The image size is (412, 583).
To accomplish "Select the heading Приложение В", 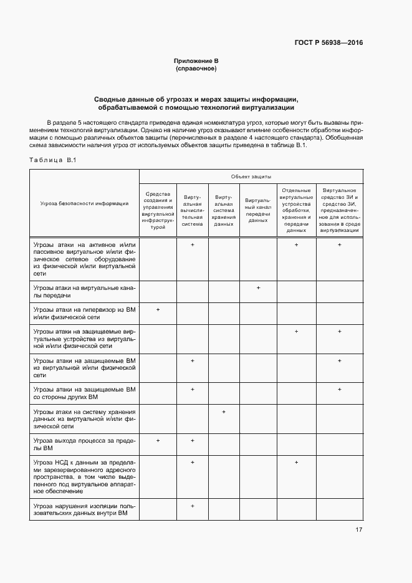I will click(x=196, y=60).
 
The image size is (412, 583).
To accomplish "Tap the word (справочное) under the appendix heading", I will click(x=196, y=68).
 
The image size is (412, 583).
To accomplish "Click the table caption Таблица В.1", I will click(x=52, y=160).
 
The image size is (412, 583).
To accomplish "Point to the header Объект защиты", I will click(x=251, y=176).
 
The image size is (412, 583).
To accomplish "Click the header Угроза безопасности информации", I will click(x=85, y=203).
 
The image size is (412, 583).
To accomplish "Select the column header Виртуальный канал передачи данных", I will click(x=257, y=211).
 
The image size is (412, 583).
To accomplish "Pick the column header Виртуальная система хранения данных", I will click(x=223, y=211).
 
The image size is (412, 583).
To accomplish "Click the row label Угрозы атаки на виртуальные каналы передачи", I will click(x=85, y=291).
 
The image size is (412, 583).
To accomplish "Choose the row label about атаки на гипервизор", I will click(x=85, y=313).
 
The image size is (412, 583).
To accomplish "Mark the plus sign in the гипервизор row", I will click(x=158, y=309).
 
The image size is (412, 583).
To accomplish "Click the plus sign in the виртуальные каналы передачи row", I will click(x=257, y=287).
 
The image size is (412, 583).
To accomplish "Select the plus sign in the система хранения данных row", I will click(x=223, y=412).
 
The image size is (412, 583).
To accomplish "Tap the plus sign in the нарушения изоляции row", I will click(x=193, y=506).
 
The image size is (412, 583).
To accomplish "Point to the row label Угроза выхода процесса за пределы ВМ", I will click(x=85, y=445).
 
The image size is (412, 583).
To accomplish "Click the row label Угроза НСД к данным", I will click(x=85, y=477).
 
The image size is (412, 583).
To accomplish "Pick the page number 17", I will click(x=359, y=530).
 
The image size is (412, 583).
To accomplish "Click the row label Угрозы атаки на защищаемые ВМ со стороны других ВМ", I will click(x=85, y=393).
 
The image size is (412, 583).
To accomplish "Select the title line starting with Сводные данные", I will click(x=196, y=99).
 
